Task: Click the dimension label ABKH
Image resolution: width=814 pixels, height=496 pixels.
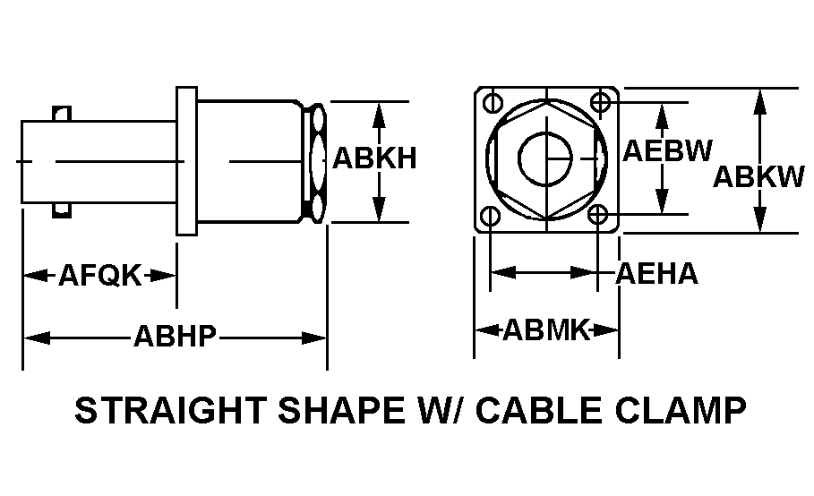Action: click(374, 158)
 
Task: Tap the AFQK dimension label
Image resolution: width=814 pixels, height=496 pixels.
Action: click(99, 275)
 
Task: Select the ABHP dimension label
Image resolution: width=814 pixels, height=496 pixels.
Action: click(175, 337)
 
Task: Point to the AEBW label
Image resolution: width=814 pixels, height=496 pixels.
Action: click(667, 150)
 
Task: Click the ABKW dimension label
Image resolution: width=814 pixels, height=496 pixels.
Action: click(758, 177)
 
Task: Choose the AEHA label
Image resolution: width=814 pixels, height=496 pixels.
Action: click(656, 273)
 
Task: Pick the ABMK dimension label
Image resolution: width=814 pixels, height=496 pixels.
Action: click(545, 330)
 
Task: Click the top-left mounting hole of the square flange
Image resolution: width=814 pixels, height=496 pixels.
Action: click(490, 101)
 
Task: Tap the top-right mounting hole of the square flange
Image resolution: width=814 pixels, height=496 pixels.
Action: click(599, 101)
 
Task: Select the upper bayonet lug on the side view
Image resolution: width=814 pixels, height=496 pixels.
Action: click(62, 114)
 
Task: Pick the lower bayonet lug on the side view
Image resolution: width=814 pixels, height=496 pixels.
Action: click(62, 210)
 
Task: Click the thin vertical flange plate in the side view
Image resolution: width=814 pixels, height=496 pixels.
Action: click(185, 161)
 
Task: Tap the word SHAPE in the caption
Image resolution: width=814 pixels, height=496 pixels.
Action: click(333, 411)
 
